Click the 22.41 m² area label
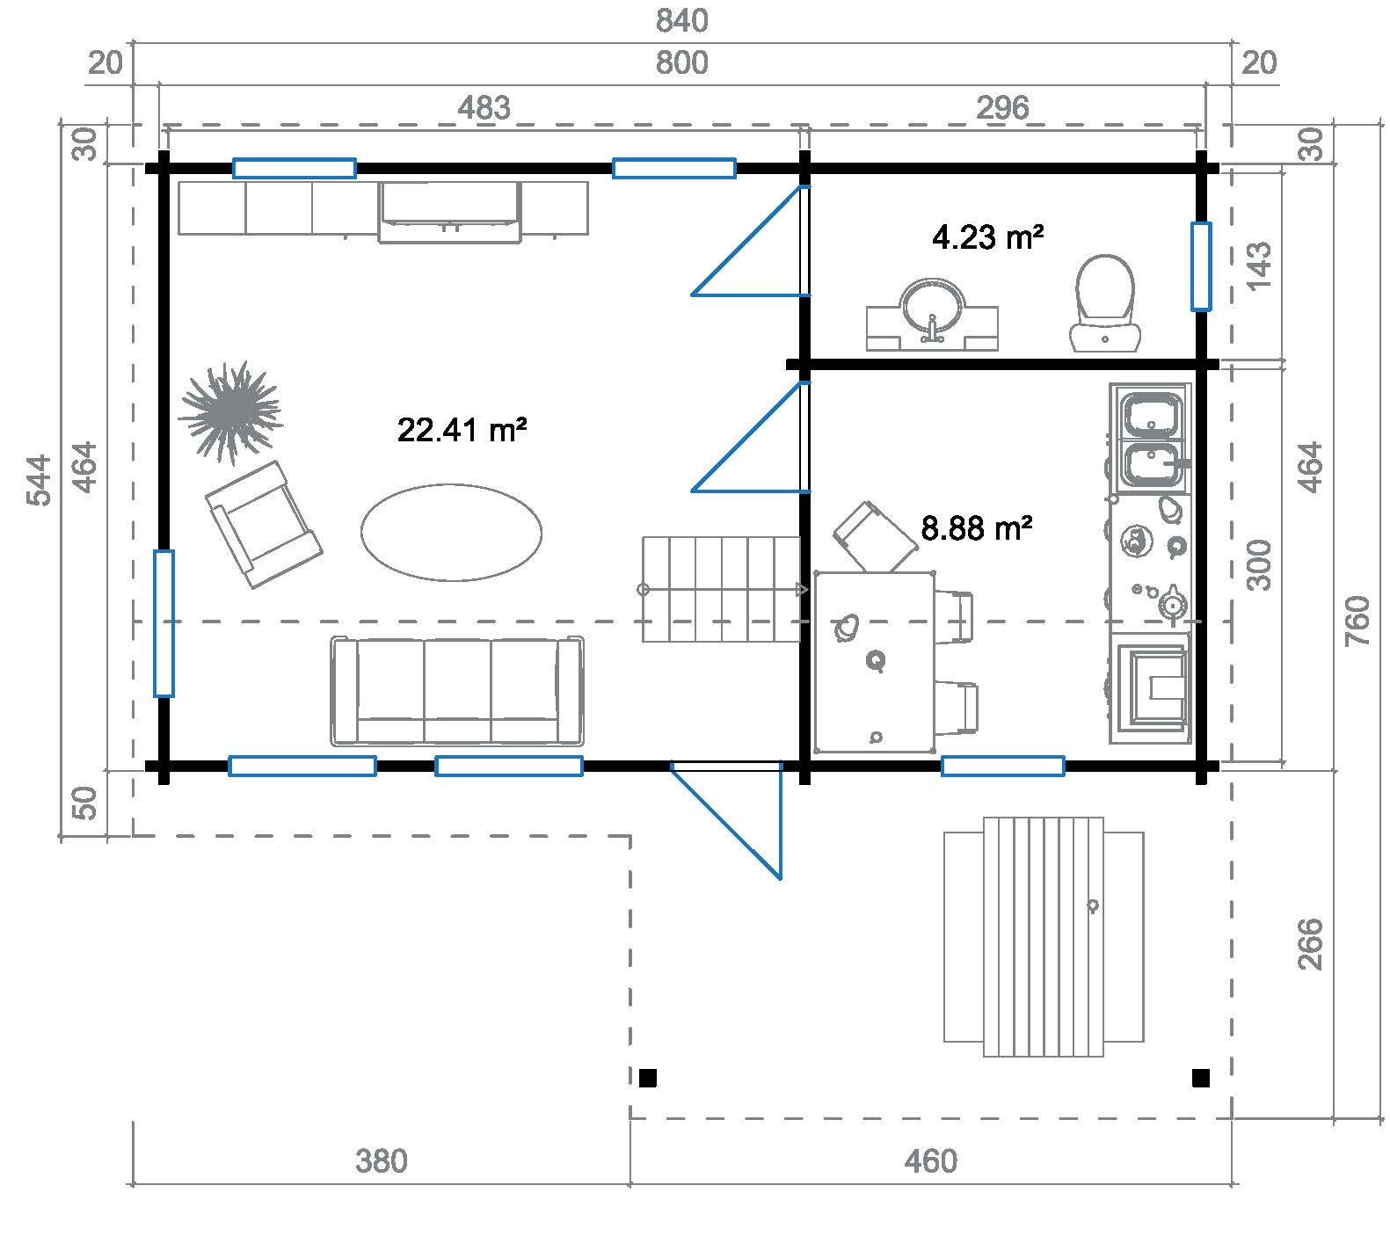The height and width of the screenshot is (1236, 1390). coord(462,430)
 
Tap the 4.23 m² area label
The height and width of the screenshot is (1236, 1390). coord(987,237)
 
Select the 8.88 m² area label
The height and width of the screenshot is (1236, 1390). coord(976,528)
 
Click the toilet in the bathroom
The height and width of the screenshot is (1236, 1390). coord(1104,303)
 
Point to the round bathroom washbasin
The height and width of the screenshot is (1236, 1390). coord(932,308)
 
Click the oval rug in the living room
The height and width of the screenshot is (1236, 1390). coord(451,533)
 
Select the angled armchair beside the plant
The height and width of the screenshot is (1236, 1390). coord(262,525)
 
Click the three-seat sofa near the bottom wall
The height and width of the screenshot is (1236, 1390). coord(457,692)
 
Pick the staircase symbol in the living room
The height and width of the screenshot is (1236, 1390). coord(721,589)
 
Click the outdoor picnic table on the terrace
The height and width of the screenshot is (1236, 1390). coord(1044,937)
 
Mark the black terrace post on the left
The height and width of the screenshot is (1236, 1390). coord(648,1078)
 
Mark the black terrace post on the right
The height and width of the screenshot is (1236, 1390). coord(1200,1078)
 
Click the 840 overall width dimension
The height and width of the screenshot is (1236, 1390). coord(681,20)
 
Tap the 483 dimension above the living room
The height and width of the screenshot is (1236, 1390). coord(484,107)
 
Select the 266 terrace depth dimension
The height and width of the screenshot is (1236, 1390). coord(1310,943)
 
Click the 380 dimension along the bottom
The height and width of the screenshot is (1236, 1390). coord(382,1161)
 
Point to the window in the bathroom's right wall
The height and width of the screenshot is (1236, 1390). coord(1200,266)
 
